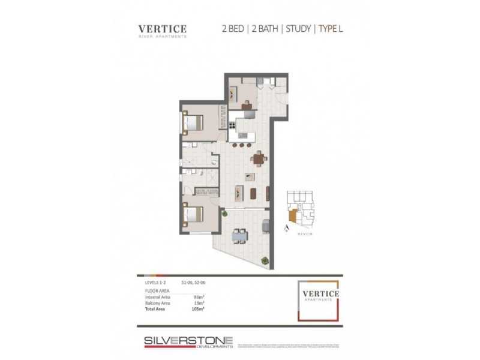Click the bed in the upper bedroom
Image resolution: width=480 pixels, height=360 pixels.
[x=193, y=124]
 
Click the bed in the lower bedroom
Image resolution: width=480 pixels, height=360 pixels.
[x=193, y=214]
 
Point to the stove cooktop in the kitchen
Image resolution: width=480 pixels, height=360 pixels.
[x=232, y=126]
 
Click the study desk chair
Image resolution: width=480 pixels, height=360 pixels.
[x=247, y=107]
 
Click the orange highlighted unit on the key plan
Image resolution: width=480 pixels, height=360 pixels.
[x=292, y=215]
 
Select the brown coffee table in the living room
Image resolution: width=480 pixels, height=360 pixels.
[x=253, y=193]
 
